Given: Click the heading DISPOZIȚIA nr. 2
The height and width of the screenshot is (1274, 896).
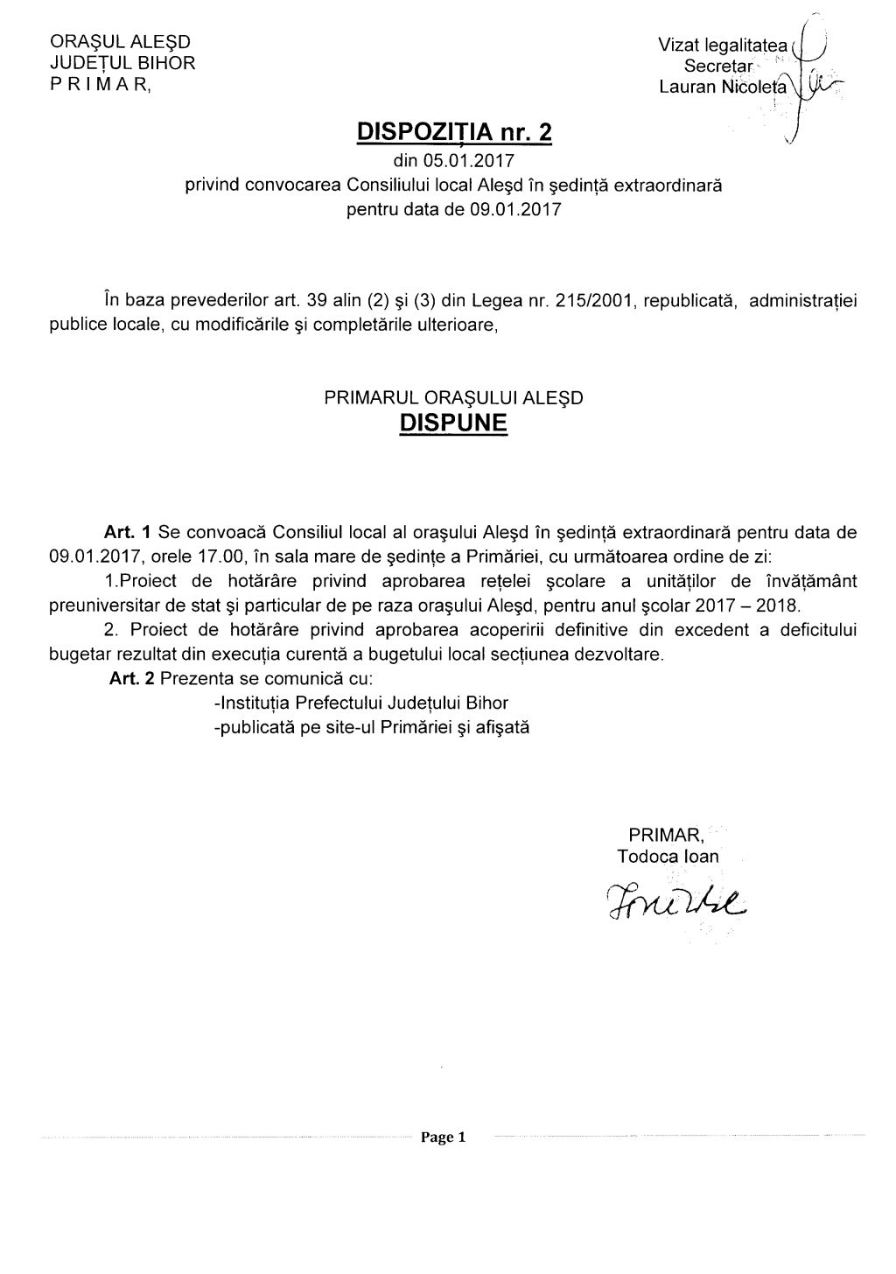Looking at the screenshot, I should pyautogui.click(x=455, y=132).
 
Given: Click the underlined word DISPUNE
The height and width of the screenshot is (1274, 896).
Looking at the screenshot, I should pyautogui.click(x=452, y=423).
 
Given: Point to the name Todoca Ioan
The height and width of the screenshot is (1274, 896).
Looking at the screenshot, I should pyautogui.click(x=668, y=857).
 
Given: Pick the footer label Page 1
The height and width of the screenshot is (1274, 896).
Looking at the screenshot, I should pyautogui.click(x=444, y=1137).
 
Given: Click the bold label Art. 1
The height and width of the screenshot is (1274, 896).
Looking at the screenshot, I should pyautogui.click(x=129, y=532).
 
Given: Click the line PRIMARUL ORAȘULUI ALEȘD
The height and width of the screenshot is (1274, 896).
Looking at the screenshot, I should pyautogui.click(x=453, y=397).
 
